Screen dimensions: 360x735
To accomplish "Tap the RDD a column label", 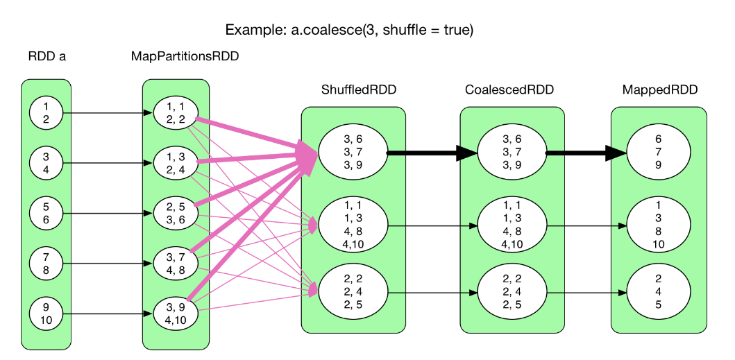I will tap(47, 57).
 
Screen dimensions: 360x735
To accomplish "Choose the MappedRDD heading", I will tap(659, 90).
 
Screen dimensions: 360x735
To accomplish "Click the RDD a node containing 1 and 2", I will tap(47, 113).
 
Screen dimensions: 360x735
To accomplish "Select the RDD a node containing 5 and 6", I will tap(47, 214).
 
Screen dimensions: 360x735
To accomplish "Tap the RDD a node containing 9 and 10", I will tap(47, 314).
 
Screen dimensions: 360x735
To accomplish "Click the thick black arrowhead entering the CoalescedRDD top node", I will tap(466, 153).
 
